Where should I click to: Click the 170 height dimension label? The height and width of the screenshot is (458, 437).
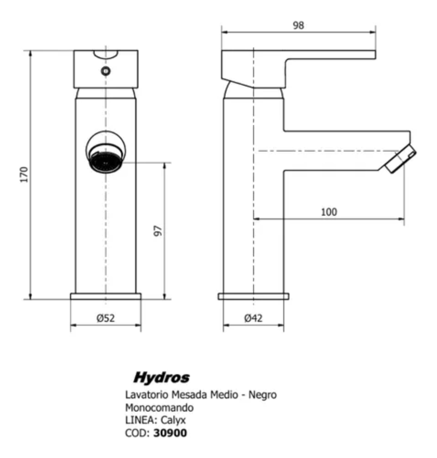[x=24, y=174]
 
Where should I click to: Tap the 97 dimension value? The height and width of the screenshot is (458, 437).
[x=158, y=231]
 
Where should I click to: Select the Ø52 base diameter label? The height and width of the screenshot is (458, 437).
[x=106, y=318]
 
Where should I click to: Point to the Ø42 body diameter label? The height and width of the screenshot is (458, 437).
[x=253, y=318]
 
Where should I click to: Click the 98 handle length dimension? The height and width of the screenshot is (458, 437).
[x=298, y=26]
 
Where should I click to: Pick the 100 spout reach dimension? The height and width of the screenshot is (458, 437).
[x=329, y=212]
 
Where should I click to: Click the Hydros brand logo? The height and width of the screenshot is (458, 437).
[x=161, y=377]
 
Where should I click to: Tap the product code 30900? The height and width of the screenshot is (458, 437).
[x=170, y=433]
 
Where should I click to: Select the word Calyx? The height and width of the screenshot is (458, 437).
[x=173, y=421]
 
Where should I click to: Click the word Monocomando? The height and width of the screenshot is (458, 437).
[x=159, y=408]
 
